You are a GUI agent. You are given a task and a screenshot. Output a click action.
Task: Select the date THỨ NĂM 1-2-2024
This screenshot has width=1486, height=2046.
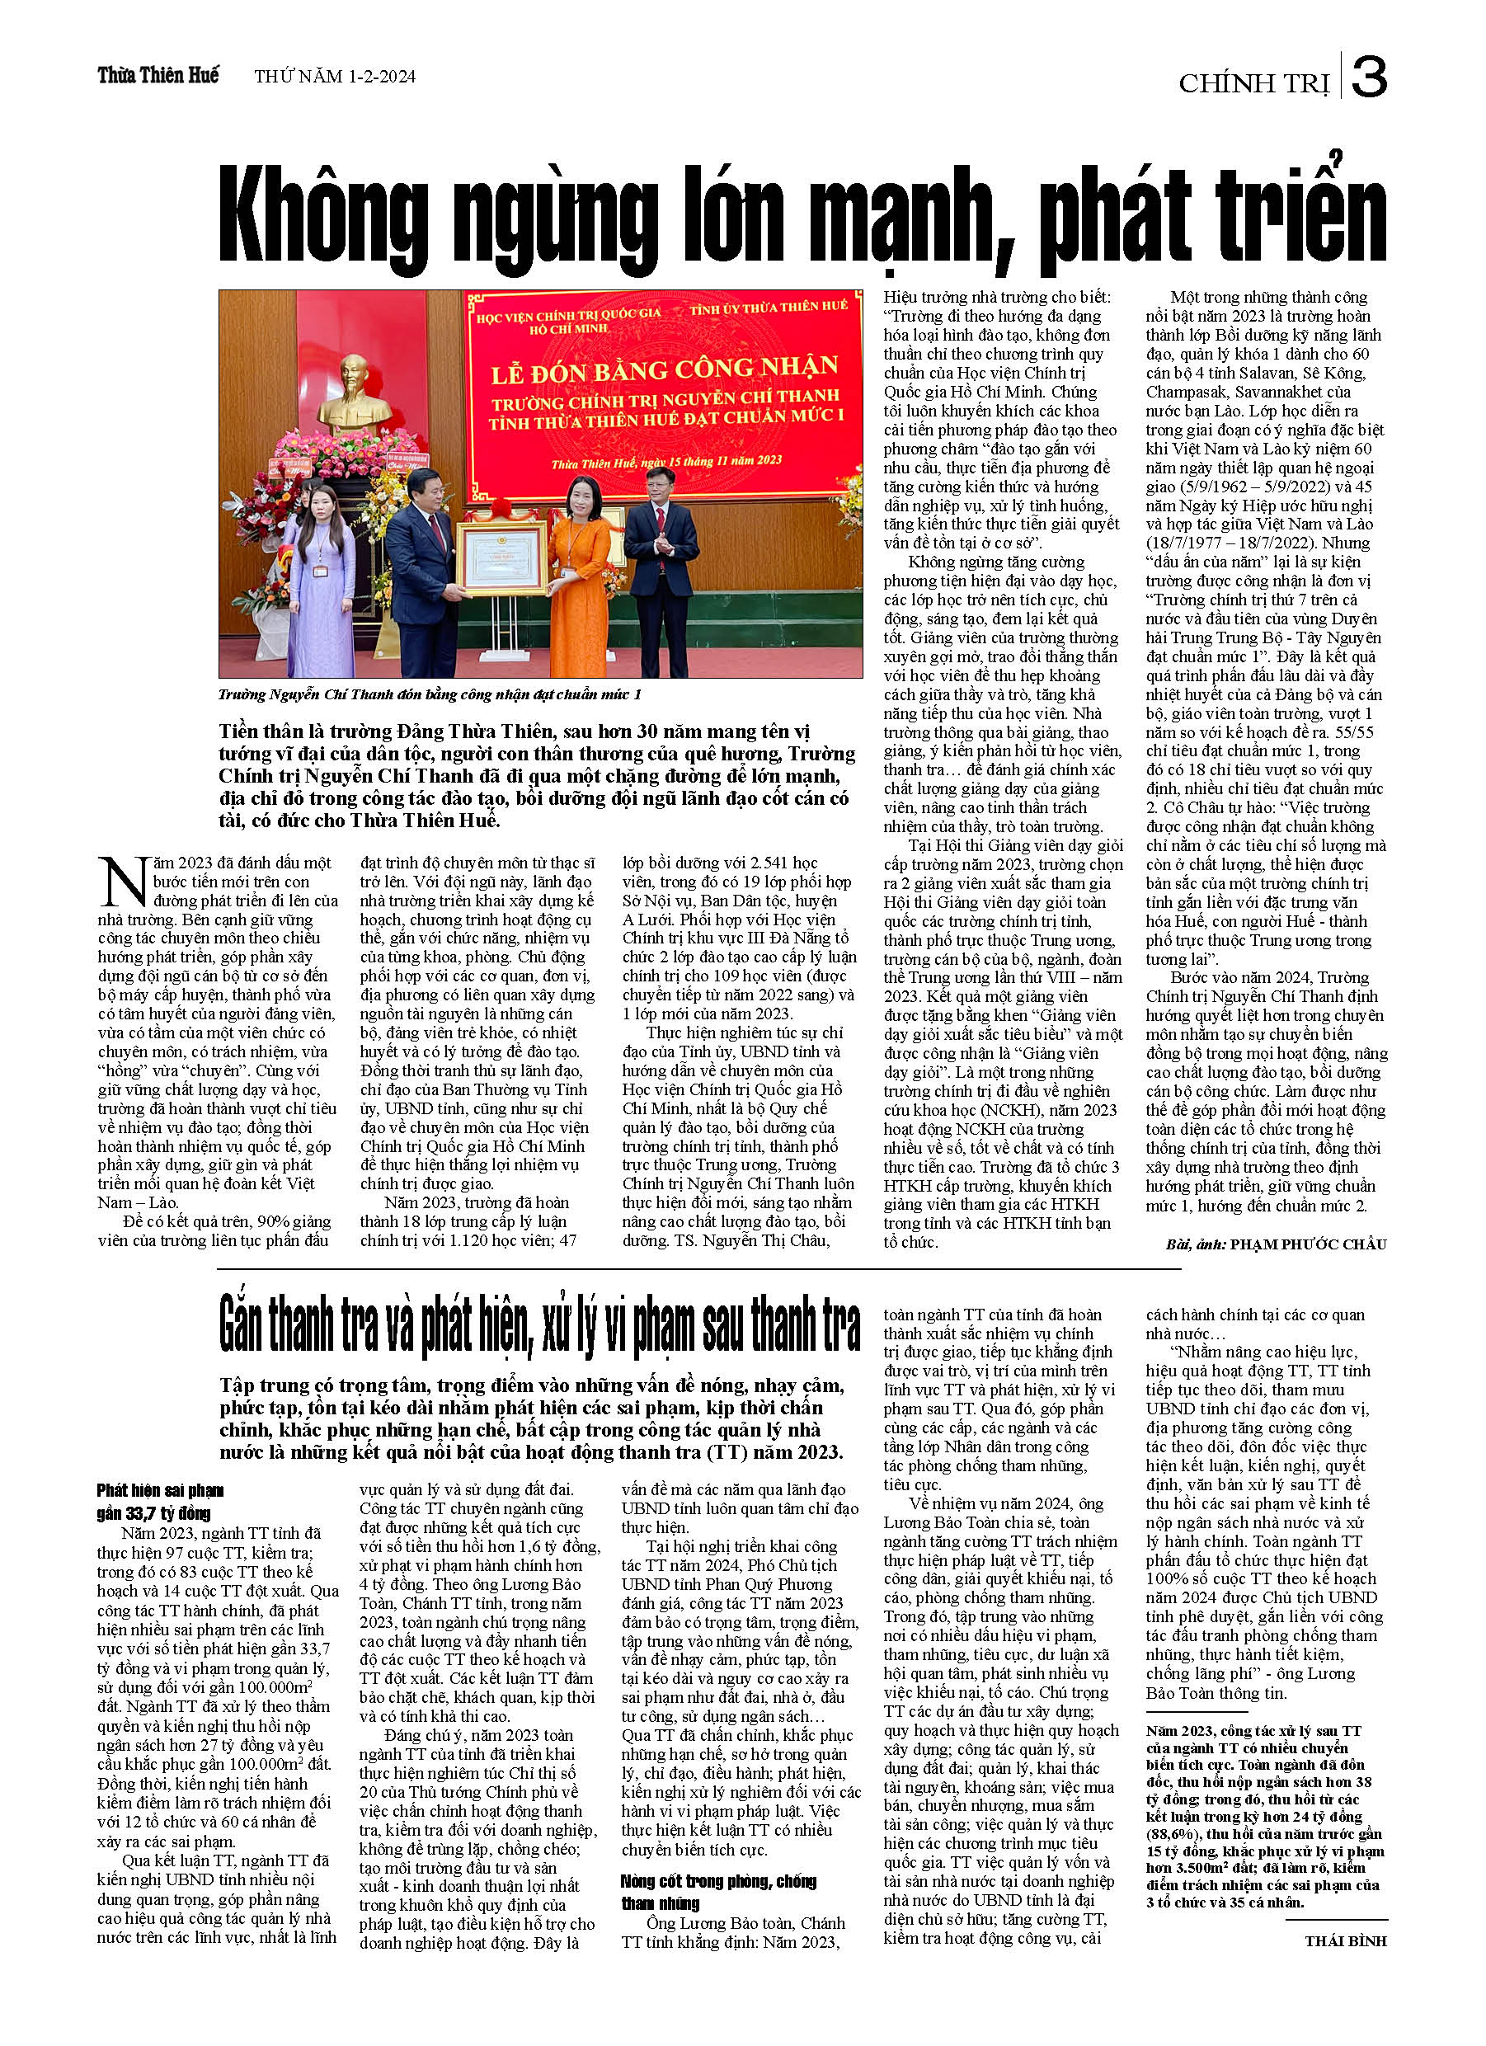click(335, 77)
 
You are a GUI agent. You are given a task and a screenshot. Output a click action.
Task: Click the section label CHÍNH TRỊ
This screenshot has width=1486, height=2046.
click(1253, 84)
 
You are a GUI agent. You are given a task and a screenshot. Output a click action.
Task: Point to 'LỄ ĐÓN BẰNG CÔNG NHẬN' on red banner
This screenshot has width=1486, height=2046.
click(664, 369)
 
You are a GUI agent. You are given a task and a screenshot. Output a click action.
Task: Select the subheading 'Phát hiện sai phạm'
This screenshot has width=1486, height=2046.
click(161, 1490)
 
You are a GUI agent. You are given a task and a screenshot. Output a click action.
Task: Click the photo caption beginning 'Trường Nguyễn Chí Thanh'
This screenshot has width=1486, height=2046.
click(430, 694)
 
